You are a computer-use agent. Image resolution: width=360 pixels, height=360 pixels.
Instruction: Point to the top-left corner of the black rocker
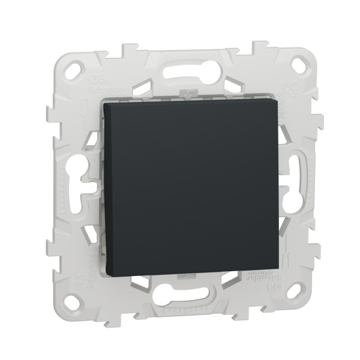click(104, 103)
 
